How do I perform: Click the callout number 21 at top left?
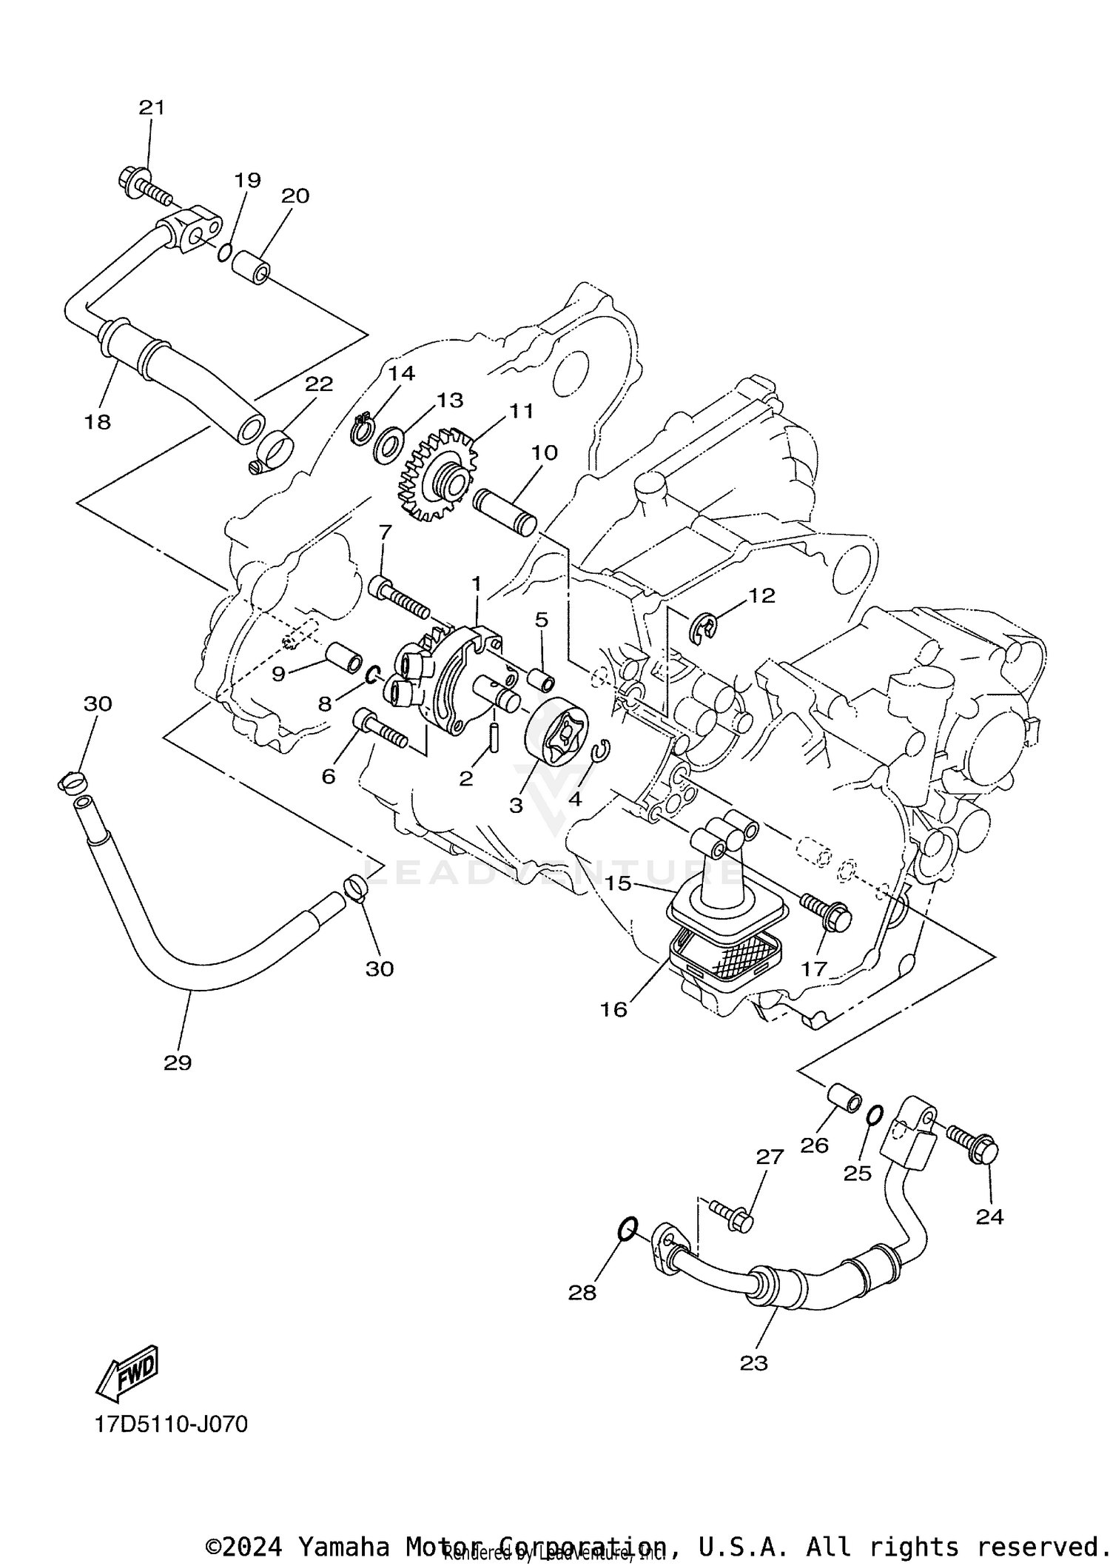(152, 107)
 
